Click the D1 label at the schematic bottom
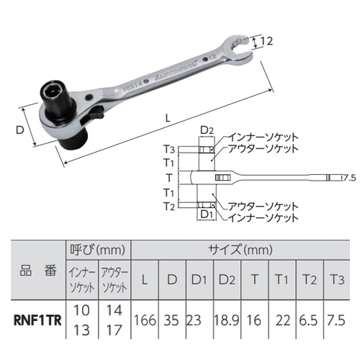coord(206,215)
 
